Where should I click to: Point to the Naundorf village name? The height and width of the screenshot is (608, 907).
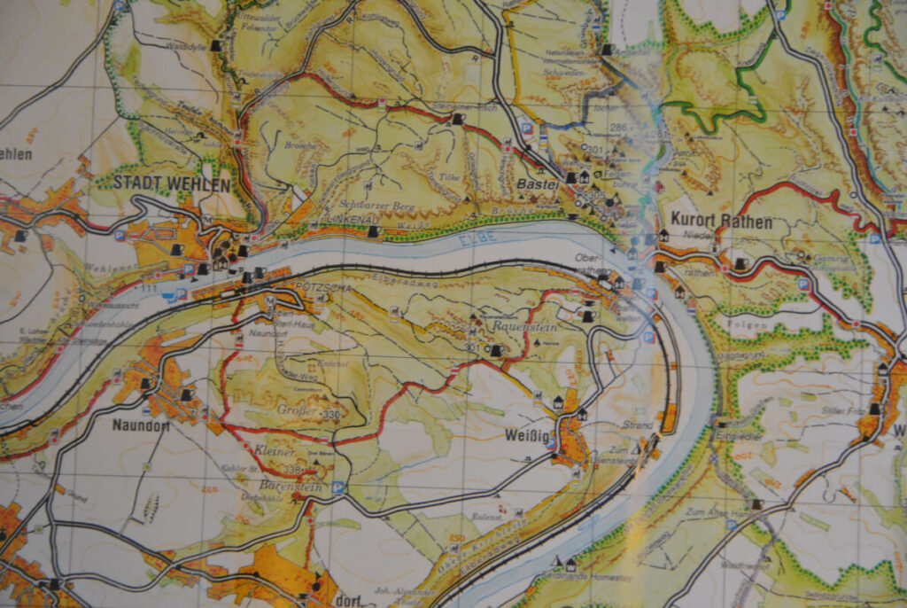140,425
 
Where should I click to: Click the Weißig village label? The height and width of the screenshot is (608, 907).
523,436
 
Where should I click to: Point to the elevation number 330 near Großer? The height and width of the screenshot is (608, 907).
331,416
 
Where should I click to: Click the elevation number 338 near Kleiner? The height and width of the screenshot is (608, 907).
291,468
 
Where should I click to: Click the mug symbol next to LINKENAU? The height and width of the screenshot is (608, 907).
375,231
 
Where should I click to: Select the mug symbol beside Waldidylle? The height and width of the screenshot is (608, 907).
215,43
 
